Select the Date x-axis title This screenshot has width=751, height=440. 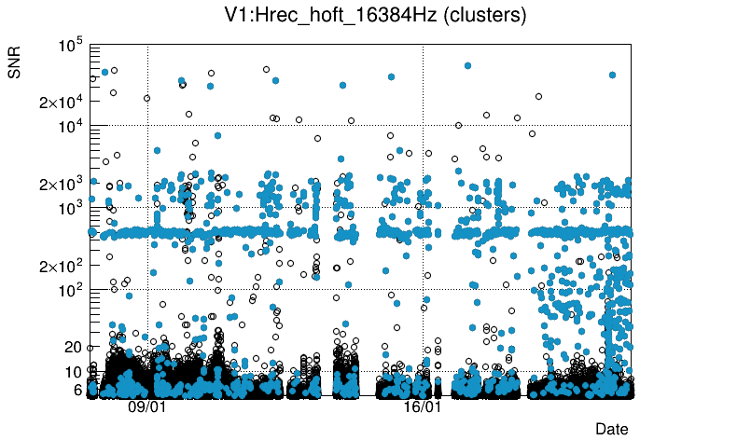click(x=611, y=429)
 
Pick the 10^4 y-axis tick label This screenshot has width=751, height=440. click(x=70, y=126)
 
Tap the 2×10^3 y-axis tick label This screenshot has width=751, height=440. click(x=62, y=184)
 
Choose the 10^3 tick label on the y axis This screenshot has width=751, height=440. click(x=70, y=208)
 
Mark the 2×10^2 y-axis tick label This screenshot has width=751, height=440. click(x=62, y=266)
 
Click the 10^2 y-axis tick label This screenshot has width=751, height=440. click(x=70, y=290)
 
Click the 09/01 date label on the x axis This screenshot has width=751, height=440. click(x=146, y=407)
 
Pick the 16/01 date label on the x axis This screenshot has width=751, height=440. click(x=423, y=407)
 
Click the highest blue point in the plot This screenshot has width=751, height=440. click(x=467, y=65)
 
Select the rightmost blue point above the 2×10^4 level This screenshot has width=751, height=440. click(x=612, y=75)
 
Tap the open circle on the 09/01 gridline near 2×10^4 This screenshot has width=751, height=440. click(x=147, y=98)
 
